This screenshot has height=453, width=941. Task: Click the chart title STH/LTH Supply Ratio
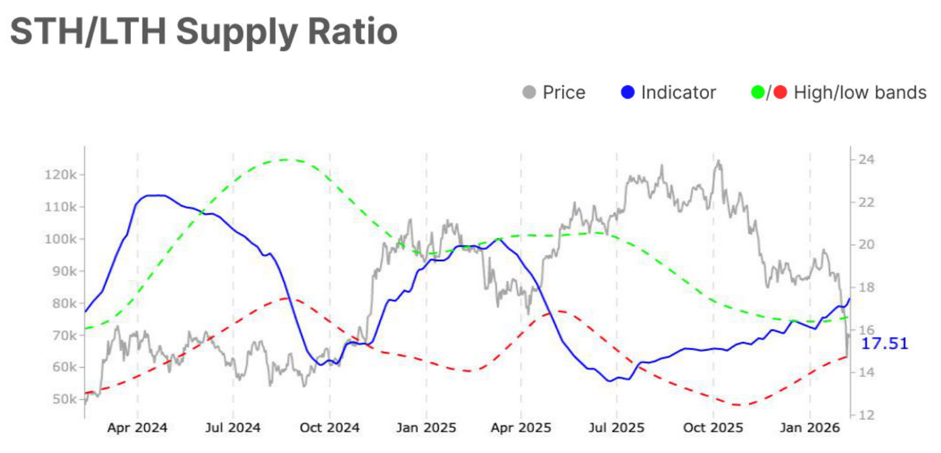[x=204, y=31]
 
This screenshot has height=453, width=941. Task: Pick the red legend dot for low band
[x=780, y=93]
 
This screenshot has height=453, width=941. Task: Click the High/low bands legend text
[x=860, y=93]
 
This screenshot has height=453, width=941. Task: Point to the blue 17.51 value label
[x=885, y=343]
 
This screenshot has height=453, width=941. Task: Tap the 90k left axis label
[x=63, y=271]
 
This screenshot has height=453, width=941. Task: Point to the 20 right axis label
[x=865, y=245]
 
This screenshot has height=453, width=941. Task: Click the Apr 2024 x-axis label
[x=137, y=429]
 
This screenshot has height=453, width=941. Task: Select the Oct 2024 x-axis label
[x=330, y=429]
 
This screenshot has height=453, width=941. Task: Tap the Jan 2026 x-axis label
[x=810, y=429]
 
